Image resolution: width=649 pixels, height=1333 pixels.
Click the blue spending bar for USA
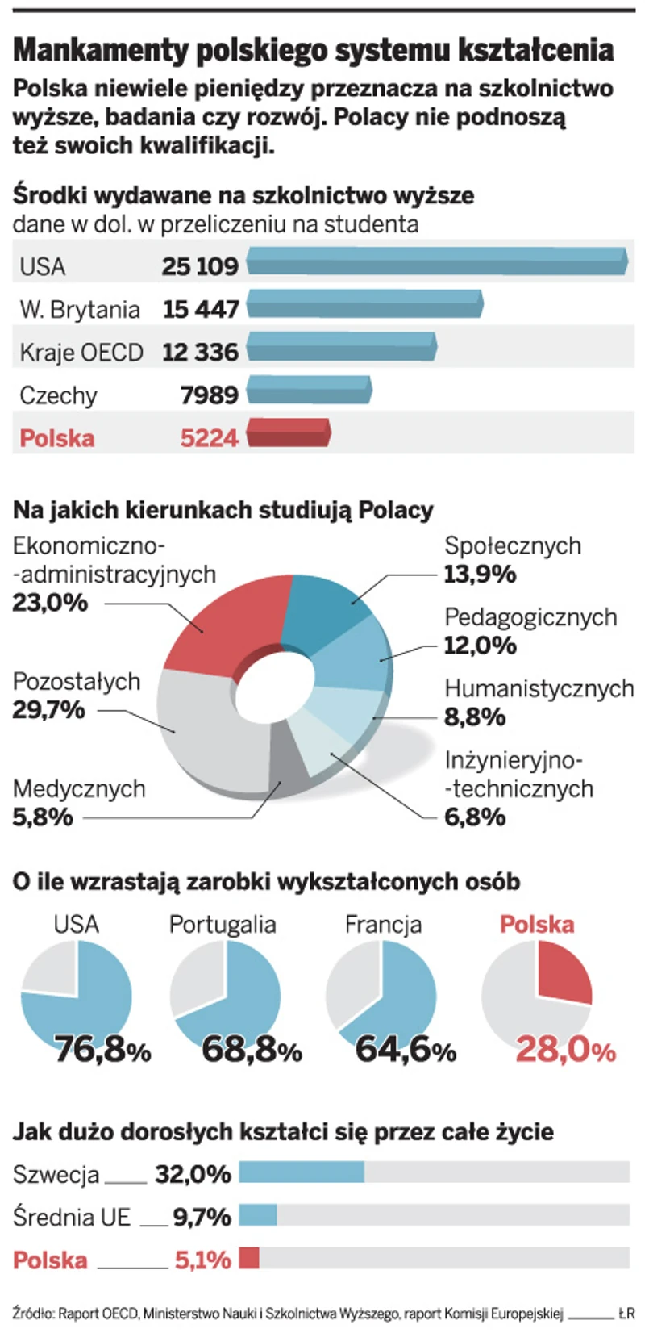(x=435, y=261)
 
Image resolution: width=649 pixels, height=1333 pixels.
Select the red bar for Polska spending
(x=287, y=433)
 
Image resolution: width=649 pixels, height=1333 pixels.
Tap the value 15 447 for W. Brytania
(x=201, y=309)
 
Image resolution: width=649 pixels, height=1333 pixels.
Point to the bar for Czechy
(x=308, y=390)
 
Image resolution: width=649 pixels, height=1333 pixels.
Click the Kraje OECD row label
(x=81, y=353)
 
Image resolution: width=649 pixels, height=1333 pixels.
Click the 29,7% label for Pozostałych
(x=48, y=710)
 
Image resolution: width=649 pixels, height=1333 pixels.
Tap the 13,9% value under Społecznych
(x=480, y=575)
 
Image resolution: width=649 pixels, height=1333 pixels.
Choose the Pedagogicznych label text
(x=530, y=617)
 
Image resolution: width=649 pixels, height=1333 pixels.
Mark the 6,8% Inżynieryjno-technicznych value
(x=475, y=817)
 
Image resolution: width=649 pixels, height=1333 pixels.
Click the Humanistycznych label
(x=539, y=689)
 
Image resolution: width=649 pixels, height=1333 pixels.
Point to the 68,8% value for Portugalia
(x=251, y=1049)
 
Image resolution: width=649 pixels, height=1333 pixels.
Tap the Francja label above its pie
(x=383, y=925)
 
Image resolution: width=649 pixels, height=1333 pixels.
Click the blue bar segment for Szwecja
(x=301, y=1172)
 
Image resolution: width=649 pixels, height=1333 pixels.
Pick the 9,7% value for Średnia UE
(x=202, y=1216)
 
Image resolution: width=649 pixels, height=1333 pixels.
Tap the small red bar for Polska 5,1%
(x=249, y=1258)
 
